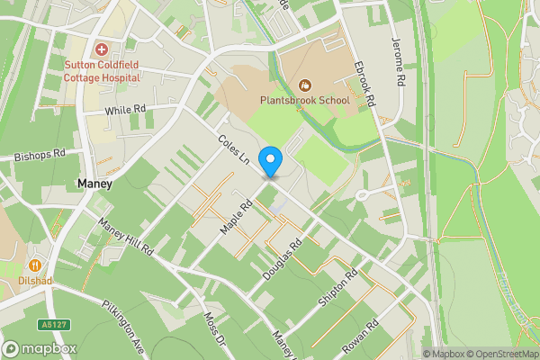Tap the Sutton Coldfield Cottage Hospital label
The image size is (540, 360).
coord(102,71)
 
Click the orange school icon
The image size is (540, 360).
coord(304,85)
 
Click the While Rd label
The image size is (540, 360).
coord(125,110)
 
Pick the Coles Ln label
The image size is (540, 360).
coord(234,148)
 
